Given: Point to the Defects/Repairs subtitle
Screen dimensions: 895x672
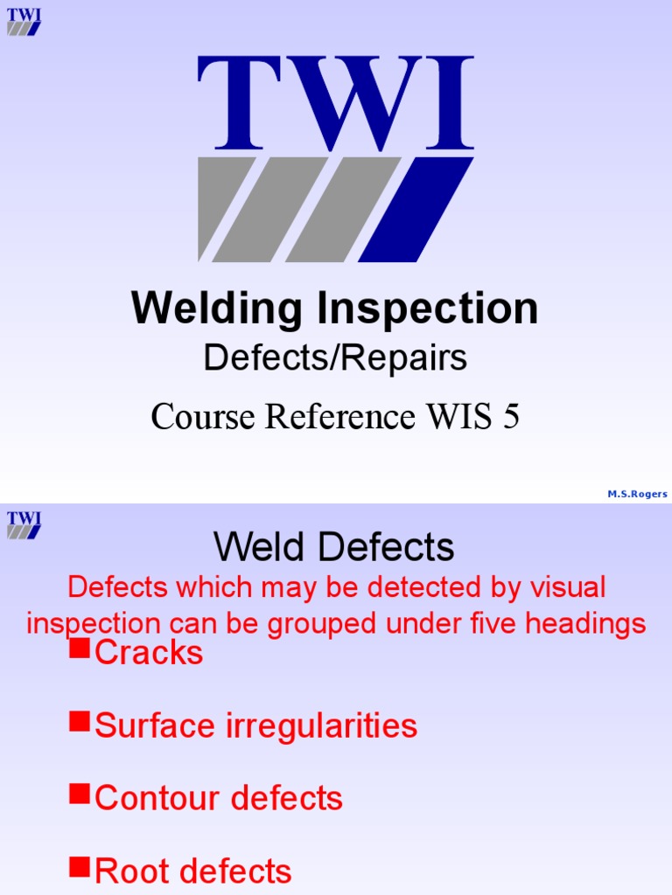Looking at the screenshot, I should click(335, 357).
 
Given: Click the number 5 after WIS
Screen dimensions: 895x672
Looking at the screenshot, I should click(510, 417).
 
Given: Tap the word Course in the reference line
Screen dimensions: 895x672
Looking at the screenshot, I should click(204, 417).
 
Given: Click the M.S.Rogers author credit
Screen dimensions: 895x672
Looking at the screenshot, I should click(637, 494).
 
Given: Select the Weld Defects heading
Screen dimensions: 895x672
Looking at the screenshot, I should click(334, 548).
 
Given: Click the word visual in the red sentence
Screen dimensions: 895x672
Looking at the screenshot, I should click(560, 587).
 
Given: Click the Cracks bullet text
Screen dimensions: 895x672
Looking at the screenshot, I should click(149, 653).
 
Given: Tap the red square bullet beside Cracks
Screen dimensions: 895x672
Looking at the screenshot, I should click(80, 648).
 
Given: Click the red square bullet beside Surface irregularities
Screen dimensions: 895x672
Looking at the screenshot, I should click(80, 720).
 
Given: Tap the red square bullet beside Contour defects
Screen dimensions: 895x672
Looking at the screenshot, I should click(80, 793).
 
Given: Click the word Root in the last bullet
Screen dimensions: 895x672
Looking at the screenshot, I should click(131, 871).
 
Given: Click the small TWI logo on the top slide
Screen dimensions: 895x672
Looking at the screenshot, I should click(24, 22).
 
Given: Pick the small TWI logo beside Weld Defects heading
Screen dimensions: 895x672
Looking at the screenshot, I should click(24, 524).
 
